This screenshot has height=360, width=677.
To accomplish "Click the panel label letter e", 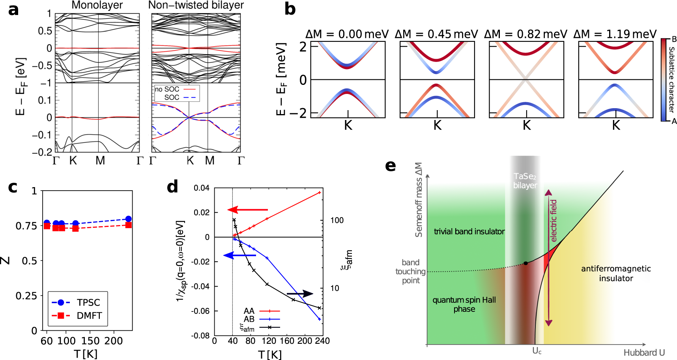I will (390, 166).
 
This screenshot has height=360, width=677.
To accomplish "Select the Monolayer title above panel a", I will (97, 5).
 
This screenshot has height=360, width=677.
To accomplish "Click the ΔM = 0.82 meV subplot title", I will (526, 34).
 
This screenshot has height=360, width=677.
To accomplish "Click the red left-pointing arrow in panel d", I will (248, 210).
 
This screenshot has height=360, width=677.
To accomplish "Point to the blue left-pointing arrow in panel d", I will (240, 255).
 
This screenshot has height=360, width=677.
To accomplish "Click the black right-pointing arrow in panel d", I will (299, 294).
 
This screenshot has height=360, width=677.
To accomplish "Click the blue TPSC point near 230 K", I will (128, 219).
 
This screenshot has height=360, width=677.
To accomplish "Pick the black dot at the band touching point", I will (526, 263).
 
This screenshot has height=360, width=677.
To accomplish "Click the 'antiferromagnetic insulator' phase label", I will (615, 273).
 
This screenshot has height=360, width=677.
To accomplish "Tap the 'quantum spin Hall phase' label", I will (464, 304).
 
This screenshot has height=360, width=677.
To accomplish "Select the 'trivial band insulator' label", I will (469, 232).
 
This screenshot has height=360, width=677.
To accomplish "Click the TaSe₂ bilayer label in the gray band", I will (525, 181).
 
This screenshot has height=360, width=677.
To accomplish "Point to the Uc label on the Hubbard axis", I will (537, 351).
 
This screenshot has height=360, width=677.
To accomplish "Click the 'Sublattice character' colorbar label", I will (671, 79).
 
